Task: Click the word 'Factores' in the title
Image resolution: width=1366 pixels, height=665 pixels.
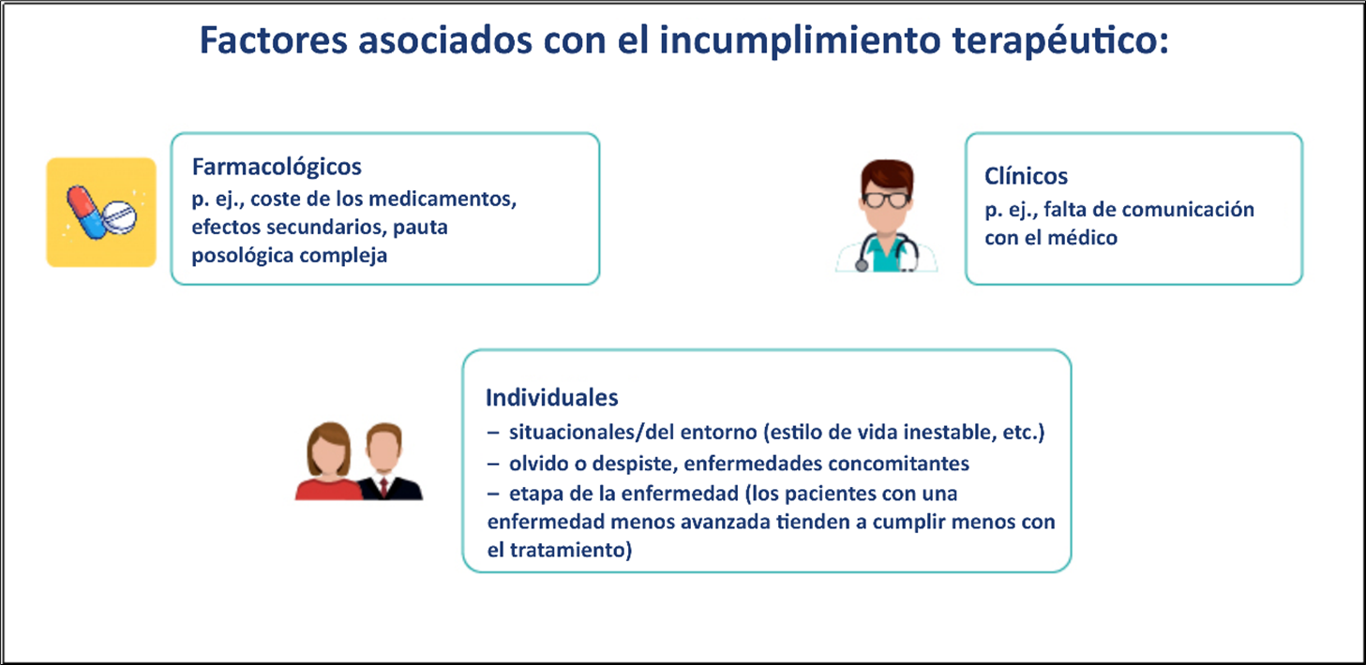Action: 274,40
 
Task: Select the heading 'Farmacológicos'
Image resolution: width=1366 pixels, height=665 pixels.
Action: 277,167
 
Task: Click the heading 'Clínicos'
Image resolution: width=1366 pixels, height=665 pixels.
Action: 1026,177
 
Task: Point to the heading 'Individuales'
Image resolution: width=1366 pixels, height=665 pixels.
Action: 552,398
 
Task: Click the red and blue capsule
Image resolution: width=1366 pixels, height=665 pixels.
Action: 86,213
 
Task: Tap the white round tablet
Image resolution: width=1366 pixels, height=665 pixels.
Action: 119,216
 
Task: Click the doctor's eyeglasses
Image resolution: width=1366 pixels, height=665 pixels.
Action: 887,199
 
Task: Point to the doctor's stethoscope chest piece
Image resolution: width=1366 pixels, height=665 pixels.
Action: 862,265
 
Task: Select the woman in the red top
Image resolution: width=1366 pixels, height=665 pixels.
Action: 329,462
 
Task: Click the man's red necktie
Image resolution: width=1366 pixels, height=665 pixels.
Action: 383,487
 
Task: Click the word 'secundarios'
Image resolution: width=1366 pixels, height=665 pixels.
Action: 325,228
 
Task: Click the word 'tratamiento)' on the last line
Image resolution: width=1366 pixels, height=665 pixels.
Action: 571,551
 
